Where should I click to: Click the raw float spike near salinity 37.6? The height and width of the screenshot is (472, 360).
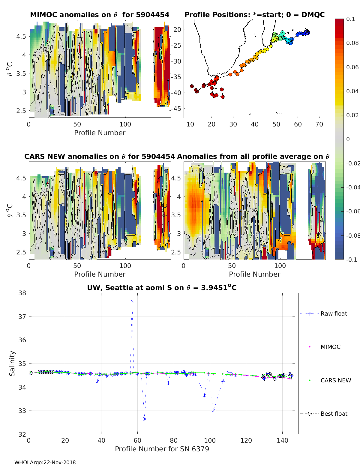point(132,301)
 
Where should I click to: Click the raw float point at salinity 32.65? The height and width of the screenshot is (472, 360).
point(145,419)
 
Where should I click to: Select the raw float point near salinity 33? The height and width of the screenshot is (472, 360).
point(214,410)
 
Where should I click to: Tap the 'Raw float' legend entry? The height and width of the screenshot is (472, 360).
point(334,313)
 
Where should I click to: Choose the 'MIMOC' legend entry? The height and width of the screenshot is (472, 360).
point(330,347)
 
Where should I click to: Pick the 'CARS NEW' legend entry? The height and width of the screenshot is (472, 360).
point(335,380)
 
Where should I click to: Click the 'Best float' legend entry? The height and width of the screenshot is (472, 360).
point(334,414)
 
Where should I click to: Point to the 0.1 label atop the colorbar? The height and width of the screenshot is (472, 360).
point(350,19)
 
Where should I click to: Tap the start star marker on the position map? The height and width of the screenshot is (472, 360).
point(307,32)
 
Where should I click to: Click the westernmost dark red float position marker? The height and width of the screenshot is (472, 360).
point(192,86)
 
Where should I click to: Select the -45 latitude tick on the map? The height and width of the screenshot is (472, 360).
point(177,108)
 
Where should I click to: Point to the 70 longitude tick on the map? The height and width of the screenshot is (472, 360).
point(319,124)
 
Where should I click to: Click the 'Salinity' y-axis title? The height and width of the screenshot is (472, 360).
point(12,363)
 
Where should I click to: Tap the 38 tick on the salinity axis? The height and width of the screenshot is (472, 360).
point(22,293)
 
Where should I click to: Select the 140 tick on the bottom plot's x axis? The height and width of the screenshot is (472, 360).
point(282,440)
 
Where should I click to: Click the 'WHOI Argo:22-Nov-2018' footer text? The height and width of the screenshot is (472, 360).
point(45,462)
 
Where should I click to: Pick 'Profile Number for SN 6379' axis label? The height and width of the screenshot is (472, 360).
point(162,449)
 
